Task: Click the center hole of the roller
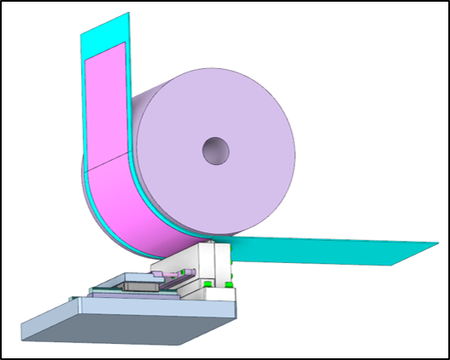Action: point(216,151)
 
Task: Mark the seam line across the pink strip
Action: point(106,158)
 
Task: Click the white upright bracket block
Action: point(217,264)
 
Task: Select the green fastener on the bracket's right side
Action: point(229,277)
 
